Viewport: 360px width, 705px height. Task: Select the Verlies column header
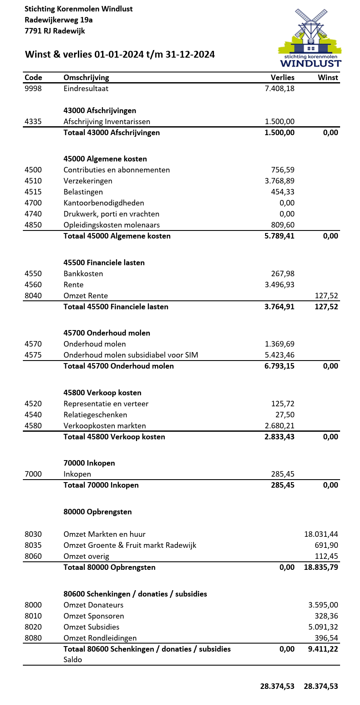tap(282, 78)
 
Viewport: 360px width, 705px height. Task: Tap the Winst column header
tap(328, 78)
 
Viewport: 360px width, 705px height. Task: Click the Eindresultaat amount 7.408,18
tap(280, 89)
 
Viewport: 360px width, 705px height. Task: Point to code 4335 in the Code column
tap(33, 122)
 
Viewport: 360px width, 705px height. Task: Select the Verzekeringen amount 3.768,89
tap(280, 181)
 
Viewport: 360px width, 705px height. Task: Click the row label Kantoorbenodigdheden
tap(104, 203)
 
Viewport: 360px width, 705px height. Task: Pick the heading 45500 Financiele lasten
tap(104, 263)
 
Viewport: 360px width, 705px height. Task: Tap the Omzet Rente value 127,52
tap(327, 296)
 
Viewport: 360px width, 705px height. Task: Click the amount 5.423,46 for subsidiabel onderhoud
tap(280, 355)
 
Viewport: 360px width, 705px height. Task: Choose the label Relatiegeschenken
tap(95, 415)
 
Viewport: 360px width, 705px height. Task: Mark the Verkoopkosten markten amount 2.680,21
tap(280, 426)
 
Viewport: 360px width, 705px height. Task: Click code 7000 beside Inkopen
tap(33, 474)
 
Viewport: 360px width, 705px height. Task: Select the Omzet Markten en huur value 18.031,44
tap(321, 534)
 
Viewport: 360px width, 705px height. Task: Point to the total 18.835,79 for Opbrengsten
tap(321, 567)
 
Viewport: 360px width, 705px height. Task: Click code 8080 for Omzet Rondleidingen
tap(33, 638)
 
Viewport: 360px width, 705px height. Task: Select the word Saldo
tap(73, 660)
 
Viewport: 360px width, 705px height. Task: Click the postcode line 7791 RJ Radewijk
tap(55, 31)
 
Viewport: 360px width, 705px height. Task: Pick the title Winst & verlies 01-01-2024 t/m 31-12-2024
tap(120, 54)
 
